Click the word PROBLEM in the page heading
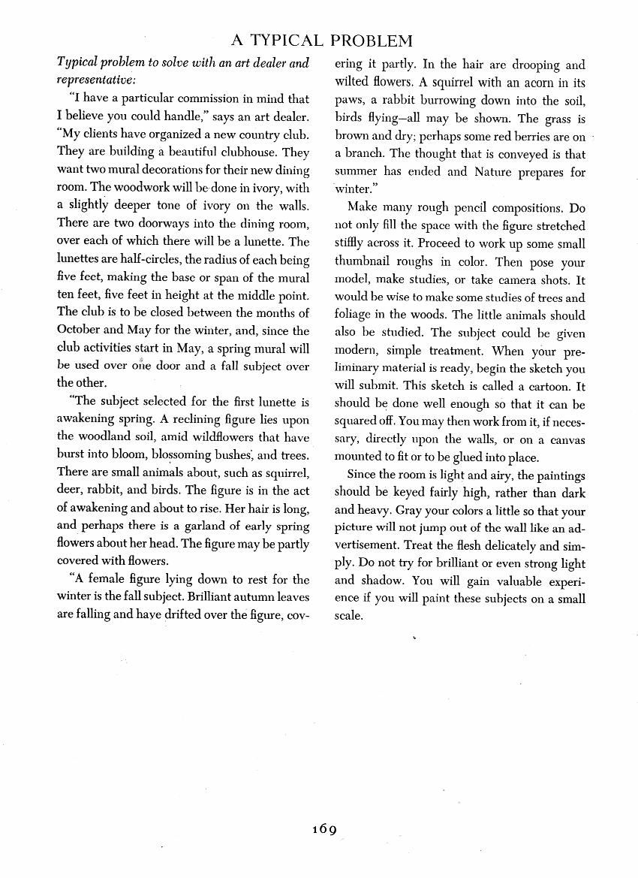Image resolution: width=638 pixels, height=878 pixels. [x=372, y=40]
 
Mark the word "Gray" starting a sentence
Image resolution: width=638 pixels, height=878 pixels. [x=399, y=511]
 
